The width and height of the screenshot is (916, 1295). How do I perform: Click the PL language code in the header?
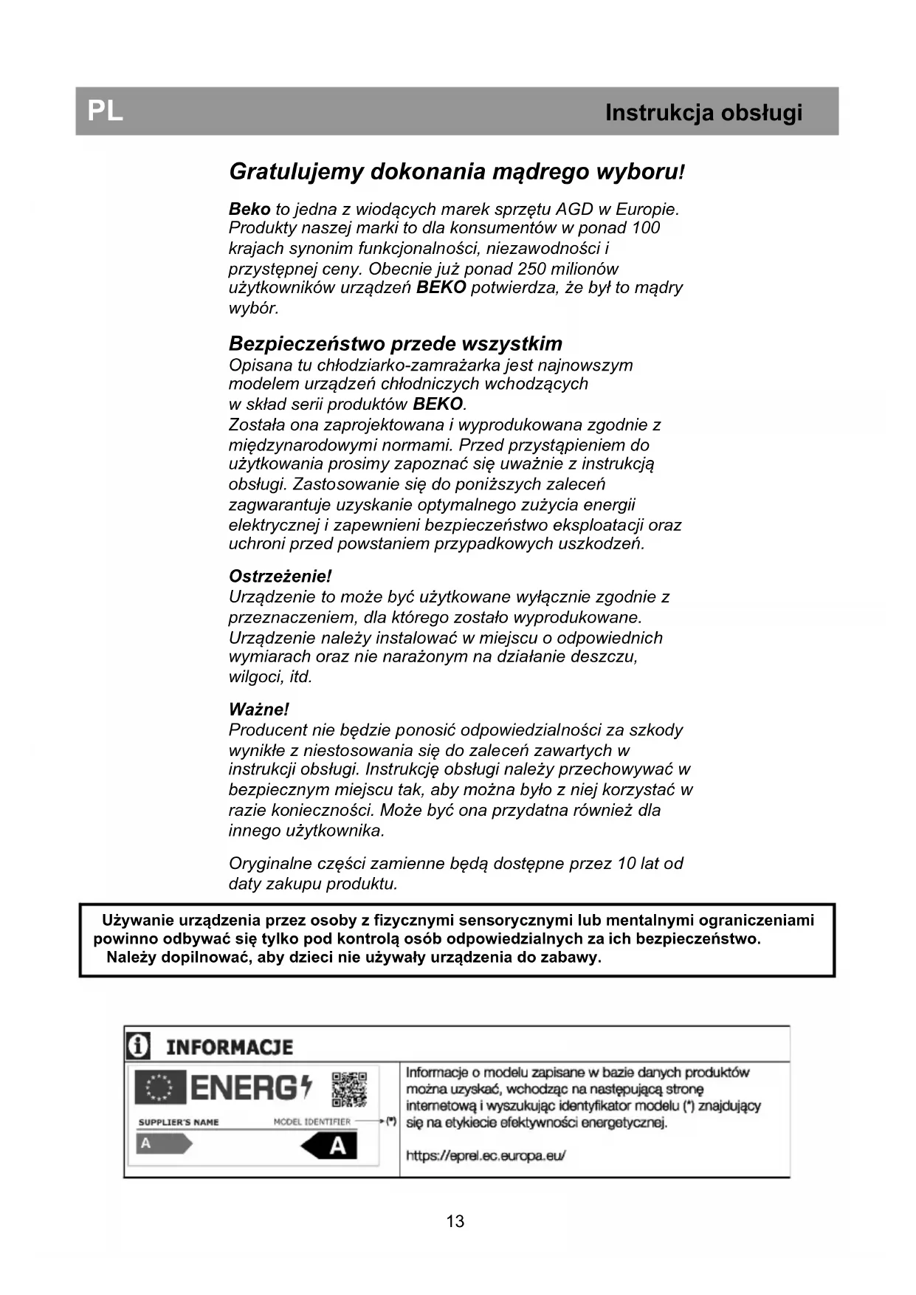coord(105,111)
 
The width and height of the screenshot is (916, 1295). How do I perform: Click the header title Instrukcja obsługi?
coord(703,113)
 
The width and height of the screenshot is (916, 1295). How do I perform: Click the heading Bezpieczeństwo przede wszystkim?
coord(395,343)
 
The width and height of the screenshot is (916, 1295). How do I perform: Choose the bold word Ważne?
coord(258,710)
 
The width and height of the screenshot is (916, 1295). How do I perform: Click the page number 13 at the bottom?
coord(455,1221)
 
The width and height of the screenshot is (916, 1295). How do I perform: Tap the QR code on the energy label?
coord(349,1090)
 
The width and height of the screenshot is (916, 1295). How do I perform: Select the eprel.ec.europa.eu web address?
coord(486,1155)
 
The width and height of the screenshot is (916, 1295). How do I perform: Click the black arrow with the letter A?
coord(330,1147)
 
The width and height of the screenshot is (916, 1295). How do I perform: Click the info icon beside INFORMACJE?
coord(138,1046)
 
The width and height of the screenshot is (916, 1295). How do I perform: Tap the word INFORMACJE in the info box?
coord(229,1047)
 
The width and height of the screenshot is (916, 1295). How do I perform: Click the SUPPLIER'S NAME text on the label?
coord(179,1122)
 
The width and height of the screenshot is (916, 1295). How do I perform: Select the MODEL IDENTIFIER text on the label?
coord(311,1121)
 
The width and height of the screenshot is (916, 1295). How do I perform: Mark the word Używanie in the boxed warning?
coord(139,920)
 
